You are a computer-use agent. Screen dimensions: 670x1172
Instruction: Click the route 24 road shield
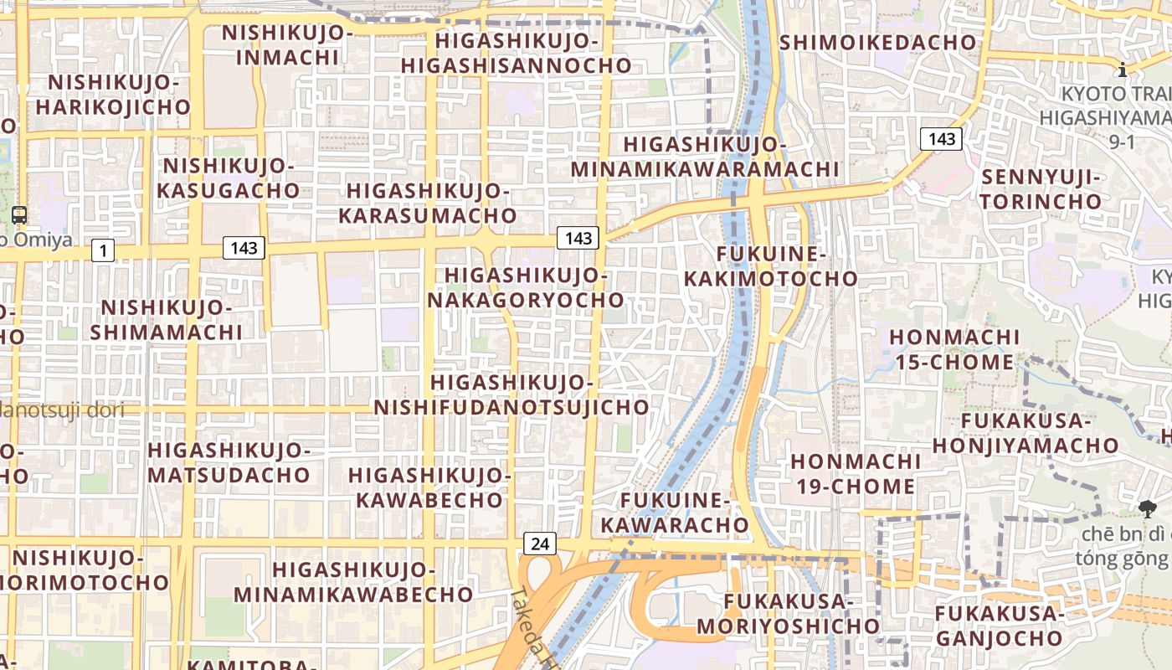(540, 544)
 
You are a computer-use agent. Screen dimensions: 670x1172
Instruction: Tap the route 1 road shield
(103, 250)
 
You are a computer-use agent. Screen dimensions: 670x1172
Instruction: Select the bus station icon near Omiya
(19, 215)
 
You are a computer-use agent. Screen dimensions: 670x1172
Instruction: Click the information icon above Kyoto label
(1122, 69)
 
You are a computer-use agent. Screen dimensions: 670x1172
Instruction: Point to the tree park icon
(1147, 508)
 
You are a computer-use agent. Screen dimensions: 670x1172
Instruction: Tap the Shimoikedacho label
(878, 42)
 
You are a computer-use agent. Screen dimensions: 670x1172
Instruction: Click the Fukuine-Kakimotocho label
(771, 265)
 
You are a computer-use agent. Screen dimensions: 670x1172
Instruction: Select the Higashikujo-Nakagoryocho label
(527, 287)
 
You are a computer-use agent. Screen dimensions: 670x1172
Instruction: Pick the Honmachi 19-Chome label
(853, 473)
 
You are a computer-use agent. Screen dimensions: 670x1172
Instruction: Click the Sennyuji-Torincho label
(1041, 189)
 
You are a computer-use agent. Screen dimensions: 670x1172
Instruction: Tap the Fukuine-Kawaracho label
(676, 513)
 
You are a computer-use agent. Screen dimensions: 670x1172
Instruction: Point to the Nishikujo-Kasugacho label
(229, 178)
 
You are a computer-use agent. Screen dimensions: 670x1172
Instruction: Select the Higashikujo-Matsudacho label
(229, 462)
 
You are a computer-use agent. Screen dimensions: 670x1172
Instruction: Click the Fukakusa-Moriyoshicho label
(788, 613)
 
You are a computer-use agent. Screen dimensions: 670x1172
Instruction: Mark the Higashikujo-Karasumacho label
(428, 203)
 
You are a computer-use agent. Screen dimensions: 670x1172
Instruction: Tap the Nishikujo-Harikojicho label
(113, 95)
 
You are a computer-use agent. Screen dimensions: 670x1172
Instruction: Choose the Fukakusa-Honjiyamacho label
(1025, 433)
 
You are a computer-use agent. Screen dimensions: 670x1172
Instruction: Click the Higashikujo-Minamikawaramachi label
(705, 157)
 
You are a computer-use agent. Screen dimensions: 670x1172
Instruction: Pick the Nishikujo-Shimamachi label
(167, 320)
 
